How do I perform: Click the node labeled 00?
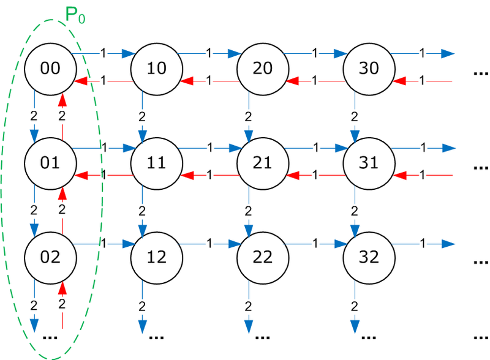click(x=50, y=67)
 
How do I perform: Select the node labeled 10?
click(x=157, y=67)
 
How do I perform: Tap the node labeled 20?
click(x=263, y=67)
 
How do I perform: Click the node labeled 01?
click(x=50, y=162)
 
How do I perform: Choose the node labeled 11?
click(x=157, y=162)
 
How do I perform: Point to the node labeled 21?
click(x=263, y=162)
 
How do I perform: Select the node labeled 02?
click(x=50, y=257)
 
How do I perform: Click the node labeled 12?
click(x=157, y=257)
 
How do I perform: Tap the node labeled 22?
click(x=263, y=257)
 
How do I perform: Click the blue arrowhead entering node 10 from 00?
click(x=127, y=54)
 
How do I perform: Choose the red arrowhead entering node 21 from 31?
click(x=293, y=175)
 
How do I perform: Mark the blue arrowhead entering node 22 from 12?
click(x=233, y=244)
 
